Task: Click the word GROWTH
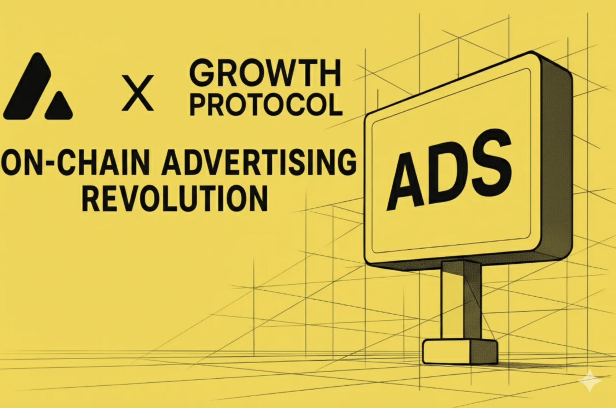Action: tap(265, 74)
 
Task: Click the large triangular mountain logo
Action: tap(27, 86)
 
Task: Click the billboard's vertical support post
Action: tap(461, 301)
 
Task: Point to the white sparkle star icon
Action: tap(590, 381)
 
